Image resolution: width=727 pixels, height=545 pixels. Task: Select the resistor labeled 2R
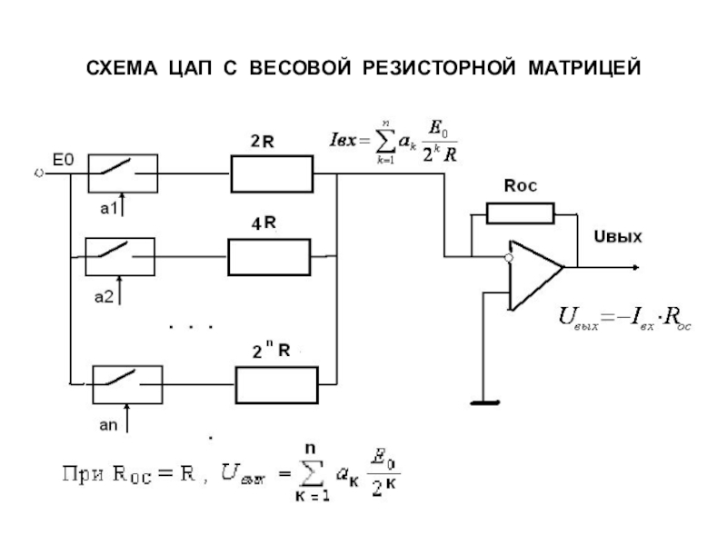pos(271,173)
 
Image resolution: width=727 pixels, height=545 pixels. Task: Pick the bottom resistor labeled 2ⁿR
pos(276,383)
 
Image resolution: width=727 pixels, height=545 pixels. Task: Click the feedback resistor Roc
pos(520,213)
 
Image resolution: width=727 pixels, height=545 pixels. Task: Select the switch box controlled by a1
pos(123,173)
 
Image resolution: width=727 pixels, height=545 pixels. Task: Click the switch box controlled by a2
pos(119,256)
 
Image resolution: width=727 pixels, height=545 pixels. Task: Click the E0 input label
pos(63,159)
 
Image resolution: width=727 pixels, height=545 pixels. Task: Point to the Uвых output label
pos(618,238)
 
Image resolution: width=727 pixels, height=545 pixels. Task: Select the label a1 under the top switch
pos(109,208)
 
